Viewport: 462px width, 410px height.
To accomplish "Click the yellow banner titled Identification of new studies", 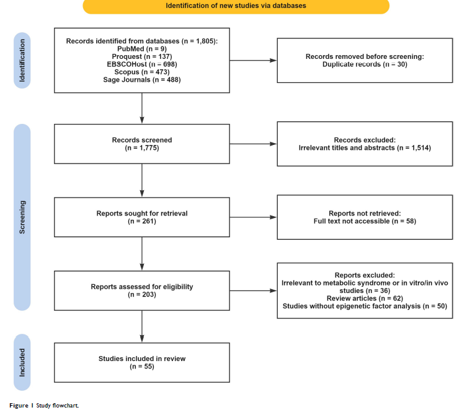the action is click(236, 6).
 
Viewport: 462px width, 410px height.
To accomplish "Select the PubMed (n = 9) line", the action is click(142, 49).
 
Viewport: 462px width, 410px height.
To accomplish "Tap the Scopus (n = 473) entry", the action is click(142, 72).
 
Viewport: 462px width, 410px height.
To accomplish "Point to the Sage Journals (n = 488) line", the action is click(142, 80).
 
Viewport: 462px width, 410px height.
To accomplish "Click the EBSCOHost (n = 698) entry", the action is click(142, 64).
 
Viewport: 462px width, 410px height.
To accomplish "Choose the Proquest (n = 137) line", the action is click(142, 56).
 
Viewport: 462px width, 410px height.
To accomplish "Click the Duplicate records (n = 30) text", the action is click(365, 64).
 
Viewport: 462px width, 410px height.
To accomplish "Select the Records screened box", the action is click(142, 144).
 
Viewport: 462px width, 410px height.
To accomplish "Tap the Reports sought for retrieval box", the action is click(142, 217).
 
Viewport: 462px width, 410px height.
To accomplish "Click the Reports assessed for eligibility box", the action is click(142, 290).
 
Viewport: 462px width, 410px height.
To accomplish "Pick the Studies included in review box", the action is click(142, 362).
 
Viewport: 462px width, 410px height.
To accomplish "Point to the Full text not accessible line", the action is click(365, 221).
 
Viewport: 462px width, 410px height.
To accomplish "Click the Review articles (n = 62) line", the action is click(365, 299).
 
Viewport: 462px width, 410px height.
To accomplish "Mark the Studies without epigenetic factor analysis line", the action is click(365, 306).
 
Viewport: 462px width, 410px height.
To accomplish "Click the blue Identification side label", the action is click(22, 60).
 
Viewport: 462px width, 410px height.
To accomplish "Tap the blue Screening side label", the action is click(22, 217).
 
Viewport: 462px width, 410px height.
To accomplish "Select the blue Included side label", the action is click(22, 362).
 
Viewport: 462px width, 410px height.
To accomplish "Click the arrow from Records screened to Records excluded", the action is click(254, 144).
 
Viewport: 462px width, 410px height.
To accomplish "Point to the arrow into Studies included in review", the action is click(142, 326).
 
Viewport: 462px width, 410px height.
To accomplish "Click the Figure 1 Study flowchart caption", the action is click(44, 406).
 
